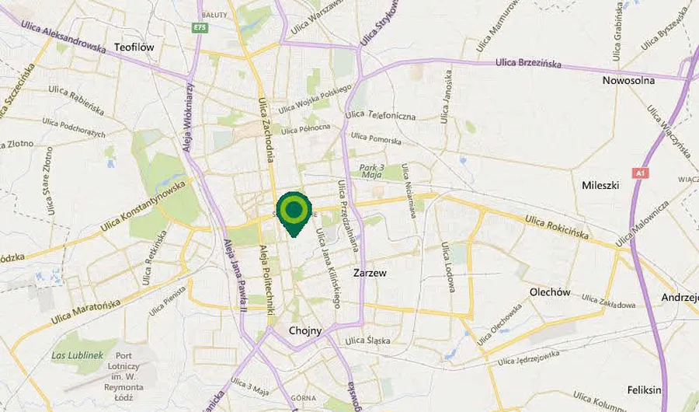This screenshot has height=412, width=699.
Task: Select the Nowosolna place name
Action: click(628, 80)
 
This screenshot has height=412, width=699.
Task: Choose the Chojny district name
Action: click(304, 330)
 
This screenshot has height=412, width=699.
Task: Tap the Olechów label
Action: click(550, 292)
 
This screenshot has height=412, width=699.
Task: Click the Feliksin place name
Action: click(644, 389)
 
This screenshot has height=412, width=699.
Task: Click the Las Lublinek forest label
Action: click(78, 355)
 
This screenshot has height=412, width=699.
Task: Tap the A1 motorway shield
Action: click(640, 173)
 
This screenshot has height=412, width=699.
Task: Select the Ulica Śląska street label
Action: click(367, 340)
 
